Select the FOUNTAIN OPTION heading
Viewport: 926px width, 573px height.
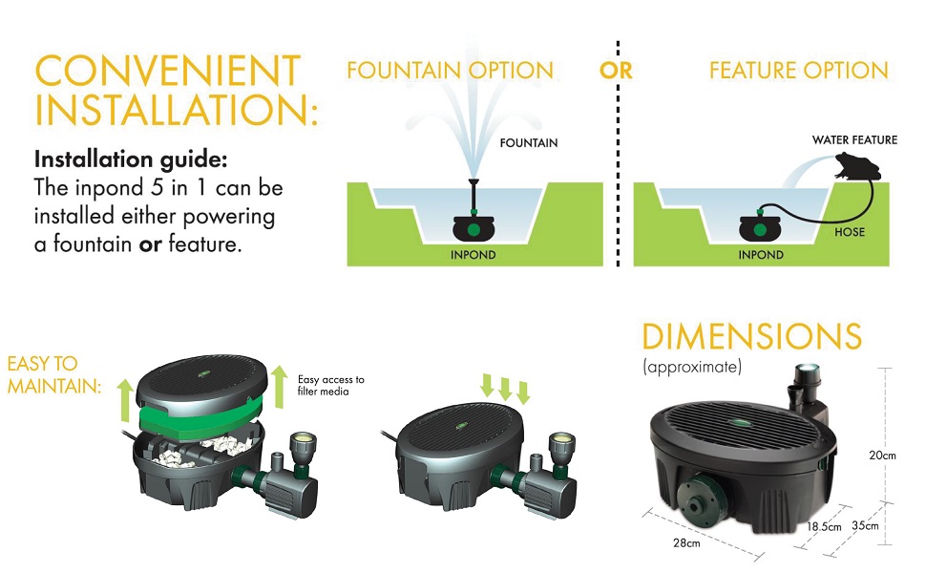(450, 72)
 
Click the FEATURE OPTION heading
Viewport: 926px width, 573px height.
(799, 72)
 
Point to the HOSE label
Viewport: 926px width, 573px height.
(850, 232)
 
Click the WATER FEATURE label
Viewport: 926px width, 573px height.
(854, 140)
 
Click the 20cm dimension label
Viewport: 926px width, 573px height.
(882, 456)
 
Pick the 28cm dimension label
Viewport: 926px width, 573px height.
(687, 543)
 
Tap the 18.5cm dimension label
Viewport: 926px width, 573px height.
(824, 526)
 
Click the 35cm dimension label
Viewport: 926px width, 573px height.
(866, 526)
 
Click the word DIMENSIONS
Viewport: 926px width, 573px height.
(752, 337)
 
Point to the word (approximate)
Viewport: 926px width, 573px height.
(692, 367)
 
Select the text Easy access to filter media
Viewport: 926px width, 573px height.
(330, 385)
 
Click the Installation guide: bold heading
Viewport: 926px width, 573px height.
(130, 159)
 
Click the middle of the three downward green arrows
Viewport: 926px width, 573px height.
(505, 388)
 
